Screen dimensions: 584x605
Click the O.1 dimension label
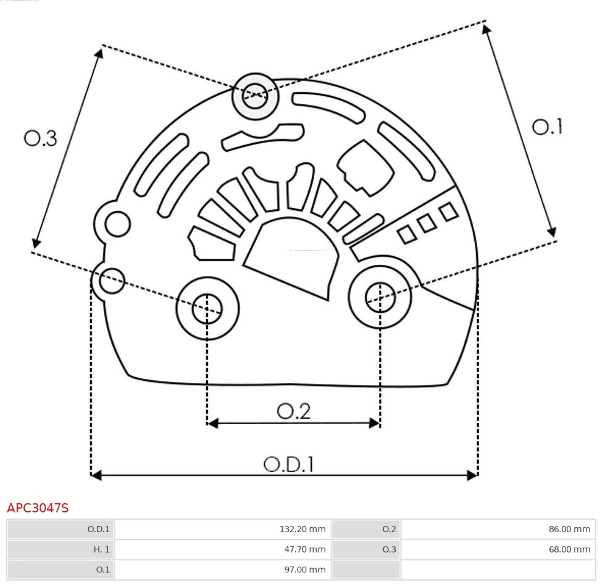click(547, 127)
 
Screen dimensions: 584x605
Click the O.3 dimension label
click(41, 138)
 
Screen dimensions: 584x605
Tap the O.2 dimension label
click(293, 411)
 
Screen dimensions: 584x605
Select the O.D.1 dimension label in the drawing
click(288, 464)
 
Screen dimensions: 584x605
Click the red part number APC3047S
click(38, 508)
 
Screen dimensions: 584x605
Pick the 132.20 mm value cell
click(223, 529)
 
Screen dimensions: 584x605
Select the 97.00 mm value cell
click(223, 569)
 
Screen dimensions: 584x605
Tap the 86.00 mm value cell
click(498, 529)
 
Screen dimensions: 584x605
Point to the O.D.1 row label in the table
click(60, 529)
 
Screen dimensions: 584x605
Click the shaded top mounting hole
click(256, 96)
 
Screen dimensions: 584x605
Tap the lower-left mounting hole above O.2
click(207, 308)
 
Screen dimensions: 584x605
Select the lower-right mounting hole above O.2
click(380, 298)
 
